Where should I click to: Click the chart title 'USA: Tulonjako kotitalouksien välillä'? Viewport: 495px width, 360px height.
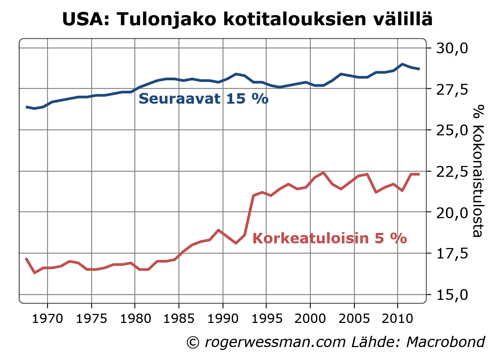tap(247, 19)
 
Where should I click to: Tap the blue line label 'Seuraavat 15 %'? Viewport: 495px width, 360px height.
tap(203, 99)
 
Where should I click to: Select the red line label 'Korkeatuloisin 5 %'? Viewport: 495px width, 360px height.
tap(329, 238)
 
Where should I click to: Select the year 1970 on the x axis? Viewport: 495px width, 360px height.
tap(48, 319)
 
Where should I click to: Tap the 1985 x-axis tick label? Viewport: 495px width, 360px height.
tap(179, 319)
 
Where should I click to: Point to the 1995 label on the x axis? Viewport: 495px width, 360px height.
tap(266, 319)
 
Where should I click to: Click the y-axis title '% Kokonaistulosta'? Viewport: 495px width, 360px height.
tap(477, 171)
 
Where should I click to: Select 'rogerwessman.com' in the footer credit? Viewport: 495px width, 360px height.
tap(275, 342)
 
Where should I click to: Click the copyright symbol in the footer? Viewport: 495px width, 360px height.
tap(193, 342)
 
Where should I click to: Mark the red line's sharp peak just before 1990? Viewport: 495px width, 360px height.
tap(219, 230)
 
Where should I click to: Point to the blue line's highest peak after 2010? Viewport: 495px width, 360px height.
tap(402, 64)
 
